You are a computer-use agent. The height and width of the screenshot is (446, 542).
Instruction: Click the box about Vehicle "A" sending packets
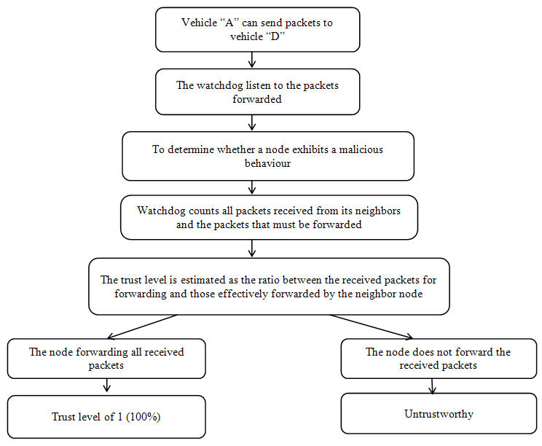[x=257, y=30]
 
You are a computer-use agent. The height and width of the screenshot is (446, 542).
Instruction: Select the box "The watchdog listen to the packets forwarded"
[x=257, y=92]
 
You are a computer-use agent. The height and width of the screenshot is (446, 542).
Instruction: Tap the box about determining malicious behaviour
[x=267, y=156]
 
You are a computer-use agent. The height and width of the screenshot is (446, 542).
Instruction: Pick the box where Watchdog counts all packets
[x=269, y=217]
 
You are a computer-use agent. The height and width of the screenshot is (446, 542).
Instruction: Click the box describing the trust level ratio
[x=269, y=286]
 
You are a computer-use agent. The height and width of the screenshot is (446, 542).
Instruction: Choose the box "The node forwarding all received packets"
[x=106, y=359]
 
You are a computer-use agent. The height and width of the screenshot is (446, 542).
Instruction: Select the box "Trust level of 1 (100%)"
[x=106, y=417]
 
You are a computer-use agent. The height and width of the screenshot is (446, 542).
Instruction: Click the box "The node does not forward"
[x=439, y=359]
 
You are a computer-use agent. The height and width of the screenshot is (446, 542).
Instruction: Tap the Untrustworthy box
[x=439, y=414]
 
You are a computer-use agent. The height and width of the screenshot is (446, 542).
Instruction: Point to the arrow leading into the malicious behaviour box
[x=252, y=122]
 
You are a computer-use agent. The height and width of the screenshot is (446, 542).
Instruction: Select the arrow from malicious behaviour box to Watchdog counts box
[x=252, y=187]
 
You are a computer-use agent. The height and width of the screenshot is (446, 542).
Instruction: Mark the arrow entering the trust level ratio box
[x=252, y=249]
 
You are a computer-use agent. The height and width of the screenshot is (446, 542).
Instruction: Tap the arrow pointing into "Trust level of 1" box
[x=107, y=386]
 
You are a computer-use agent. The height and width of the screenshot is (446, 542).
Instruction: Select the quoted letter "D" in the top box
[x=273, y=36]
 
